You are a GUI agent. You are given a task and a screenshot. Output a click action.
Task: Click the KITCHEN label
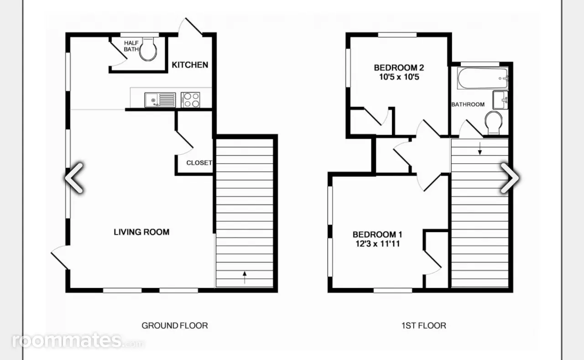click(x=190, y=65)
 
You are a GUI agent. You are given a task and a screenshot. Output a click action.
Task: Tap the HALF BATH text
click(x=131, y=46)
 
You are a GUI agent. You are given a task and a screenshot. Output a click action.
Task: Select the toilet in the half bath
click(x=148, y=49)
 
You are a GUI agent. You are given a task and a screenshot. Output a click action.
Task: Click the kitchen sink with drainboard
click(x=160, y=100)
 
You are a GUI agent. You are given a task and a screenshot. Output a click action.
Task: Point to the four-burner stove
click(x=190, y=100)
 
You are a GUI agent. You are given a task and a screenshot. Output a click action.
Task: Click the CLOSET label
click(x=199, y=163)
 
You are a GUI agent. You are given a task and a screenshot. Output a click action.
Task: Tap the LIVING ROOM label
click(x=141, y=232)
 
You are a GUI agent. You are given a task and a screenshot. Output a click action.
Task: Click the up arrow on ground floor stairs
click(x=245, y=277)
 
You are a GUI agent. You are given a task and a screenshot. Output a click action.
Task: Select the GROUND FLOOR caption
click(x=175, y=326)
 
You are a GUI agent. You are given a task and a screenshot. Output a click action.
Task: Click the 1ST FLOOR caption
click(x=424, y=326)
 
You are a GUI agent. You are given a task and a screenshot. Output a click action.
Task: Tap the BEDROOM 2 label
click(x=399, y=68)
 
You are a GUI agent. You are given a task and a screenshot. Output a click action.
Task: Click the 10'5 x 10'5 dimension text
click(x=399, y=77)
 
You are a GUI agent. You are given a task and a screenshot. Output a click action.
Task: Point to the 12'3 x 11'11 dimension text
click(x=377, y=244)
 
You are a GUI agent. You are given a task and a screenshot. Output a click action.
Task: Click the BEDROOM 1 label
click(x=377, y=235)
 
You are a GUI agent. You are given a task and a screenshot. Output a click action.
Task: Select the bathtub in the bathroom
click(x=483, y=78)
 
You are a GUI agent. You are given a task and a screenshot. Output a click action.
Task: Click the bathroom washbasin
click(x=501, y=100)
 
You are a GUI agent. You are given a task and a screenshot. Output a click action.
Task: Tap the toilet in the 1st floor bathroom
click(x=494, y=123)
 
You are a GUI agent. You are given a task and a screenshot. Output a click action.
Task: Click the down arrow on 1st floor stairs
click(x=480, y=148)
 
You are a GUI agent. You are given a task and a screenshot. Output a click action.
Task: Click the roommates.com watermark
click(x=78, y=340)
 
